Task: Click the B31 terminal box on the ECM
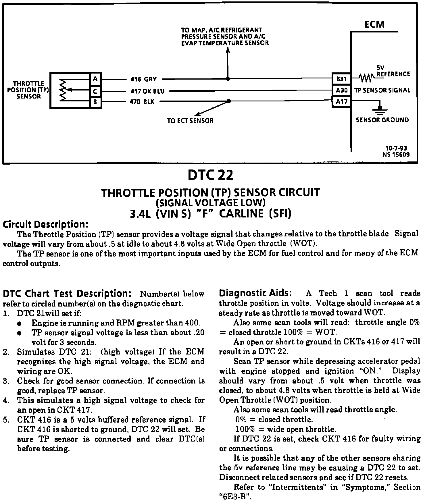341,78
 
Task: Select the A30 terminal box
341,90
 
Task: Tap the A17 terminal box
341,101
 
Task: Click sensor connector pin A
95,78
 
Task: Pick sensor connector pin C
95,91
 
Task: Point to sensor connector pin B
95,102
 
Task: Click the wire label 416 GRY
143,79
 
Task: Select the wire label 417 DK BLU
147,91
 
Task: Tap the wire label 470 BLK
142,102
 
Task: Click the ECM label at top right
374,24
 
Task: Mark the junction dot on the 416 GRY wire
228,78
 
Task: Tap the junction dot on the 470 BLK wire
229,101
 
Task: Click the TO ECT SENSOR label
190,121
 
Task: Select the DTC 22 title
211,175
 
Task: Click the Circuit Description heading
45,224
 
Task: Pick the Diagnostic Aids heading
255,293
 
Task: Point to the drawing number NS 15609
396,155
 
